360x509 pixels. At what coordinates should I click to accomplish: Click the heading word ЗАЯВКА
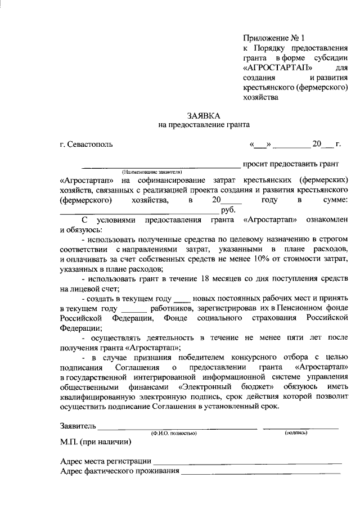(204, 115)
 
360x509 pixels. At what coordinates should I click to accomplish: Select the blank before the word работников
(133, 309)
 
